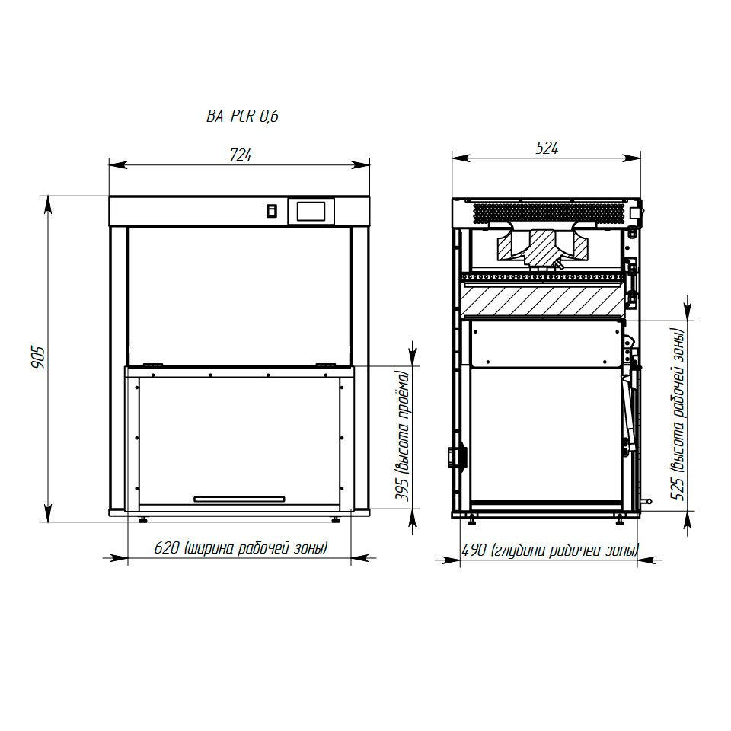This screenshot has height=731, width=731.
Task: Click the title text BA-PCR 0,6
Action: point(242,116)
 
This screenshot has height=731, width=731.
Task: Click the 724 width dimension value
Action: point(241,155)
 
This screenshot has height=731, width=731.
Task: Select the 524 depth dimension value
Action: point(547,148)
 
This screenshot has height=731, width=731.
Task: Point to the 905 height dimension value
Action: point(38,358)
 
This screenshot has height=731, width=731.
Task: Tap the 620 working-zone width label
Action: point(241,547)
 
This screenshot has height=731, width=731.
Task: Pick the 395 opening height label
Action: point(402,436)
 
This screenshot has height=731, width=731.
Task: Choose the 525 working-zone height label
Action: point(678,414)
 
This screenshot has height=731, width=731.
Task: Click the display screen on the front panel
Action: point(311,212)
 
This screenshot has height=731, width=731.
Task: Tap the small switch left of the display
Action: point(271,211)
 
